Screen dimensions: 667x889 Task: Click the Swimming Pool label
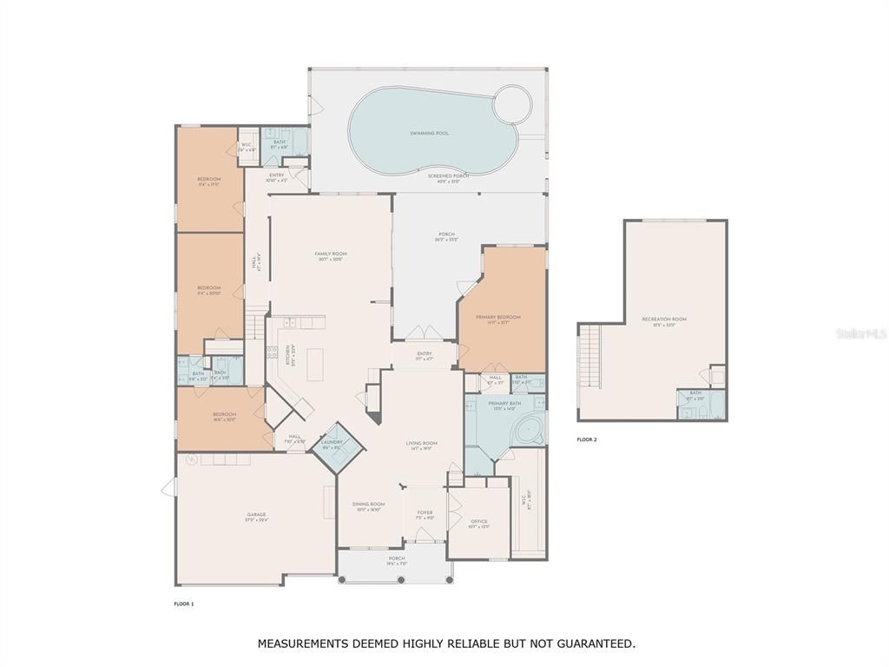(x=430, y=134)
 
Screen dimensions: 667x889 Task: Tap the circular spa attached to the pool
(x=511, y=105)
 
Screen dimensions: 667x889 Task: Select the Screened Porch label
(x=448, y=175)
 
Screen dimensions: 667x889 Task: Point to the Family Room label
(x=330, y=254)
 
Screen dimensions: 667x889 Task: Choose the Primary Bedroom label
(x=498, y=318)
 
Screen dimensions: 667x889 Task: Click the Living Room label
(x=422, y=443)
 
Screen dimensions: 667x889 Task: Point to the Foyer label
(x=425, y=512)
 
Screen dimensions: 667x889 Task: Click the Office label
(x=479, y=522)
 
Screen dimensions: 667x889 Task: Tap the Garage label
(x=256, y=515)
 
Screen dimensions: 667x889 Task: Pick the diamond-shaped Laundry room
(x=333, y=446)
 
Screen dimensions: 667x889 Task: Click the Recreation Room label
(x=664, y=320)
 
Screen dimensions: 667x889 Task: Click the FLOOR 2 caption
(x=587, y=440)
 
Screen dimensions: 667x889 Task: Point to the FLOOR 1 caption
(x=183, y=604)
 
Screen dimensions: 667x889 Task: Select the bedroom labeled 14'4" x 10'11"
(x=224, y=416)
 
